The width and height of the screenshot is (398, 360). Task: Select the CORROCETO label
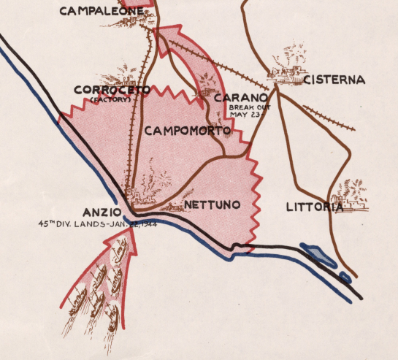112,90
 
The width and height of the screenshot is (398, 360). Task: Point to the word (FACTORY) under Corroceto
110,99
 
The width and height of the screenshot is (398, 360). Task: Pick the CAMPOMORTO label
188,131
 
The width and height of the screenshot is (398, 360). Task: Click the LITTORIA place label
314,207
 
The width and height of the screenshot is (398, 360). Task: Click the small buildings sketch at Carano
204,92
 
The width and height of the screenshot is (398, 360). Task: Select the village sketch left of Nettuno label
172,206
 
